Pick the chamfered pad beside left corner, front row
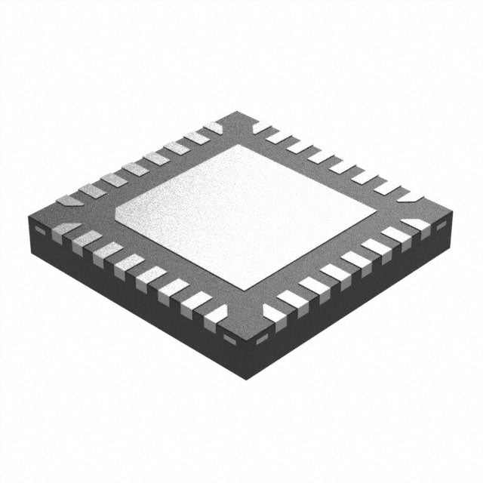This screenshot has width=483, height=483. (x=67, y=227)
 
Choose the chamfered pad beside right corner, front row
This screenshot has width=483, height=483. (x=416, y=224)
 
